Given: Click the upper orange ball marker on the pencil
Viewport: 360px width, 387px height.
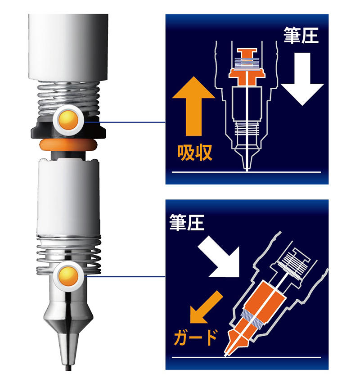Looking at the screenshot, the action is tap(68, 120).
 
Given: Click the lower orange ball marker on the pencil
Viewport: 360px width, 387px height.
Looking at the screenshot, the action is tap(68, 276).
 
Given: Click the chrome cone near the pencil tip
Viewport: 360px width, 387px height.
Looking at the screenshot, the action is tap(68, 323).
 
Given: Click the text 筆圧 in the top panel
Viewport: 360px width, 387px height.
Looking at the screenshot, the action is tap(301, 35).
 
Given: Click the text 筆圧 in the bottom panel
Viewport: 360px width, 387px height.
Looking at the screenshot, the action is tap(187, 222).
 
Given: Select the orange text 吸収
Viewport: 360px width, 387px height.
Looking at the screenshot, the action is tap(195, 153).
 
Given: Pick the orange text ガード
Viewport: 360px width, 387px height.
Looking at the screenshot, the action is tap(195, 337).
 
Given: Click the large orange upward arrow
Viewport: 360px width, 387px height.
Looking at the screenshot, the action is tap(193, 106).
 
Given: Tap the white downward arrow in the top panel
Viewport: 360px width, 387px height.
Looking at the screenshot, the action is tap(302, 79).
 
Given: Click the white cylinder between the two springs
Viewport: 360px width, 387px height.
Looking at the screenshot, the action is tap(68, 198).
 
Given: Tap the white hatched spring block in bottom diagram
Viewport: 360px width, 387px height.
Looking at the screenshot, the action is tap(294, 264).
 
